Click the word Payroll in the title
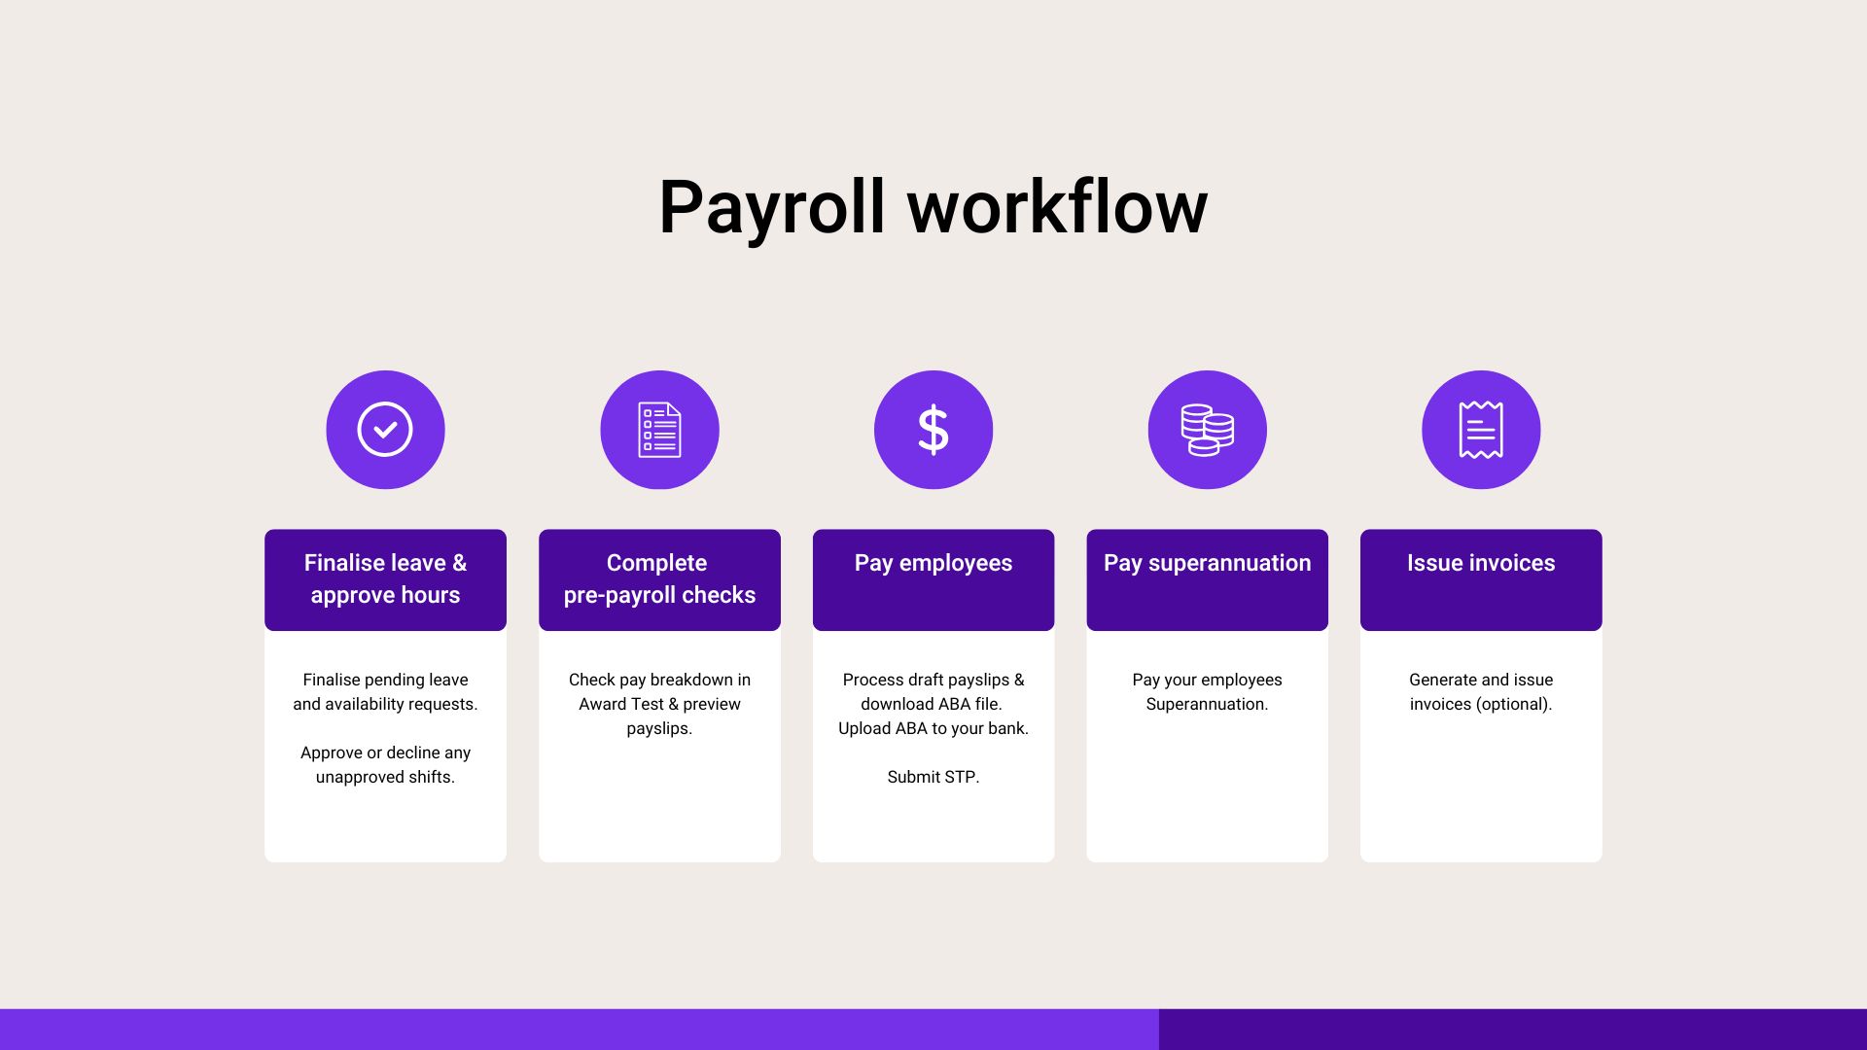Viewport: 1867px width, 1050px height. pyautogui.click(x=772, y=208)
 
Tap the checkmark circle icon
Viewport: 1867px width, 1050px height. pyautogui.click(x=385, y=430)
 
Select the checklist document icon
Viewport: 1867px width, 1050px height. pyautogui.click(x=659, y=430)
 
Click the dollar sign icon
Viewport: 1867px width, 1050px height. pyautogui.click(x=933, y=430)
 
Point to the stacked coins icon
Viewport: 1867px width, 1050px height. pyautogui.click(x=1208, y=430)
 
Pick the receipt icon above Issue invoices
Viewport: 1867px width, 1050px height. pyautogui.click(x=1481, y=430)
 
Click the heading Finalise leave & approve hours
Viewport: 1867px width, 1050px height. pyautogui.click(x=385, y=578)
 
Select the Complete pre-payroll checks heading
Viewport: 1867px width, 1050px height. pyautogui.click(x=659, y=578)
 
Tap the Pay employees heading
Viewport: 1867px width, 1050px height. pyautogui.click(x=933, y=563)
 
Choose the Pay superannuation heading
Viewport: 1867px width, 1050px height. pyautogui.click(x=1208, y=563)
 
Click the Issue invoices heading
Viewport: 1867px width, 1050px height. pyautogui.click(x=1481, y=563)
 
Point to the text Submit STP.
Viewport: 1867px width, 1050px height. pyautogui.click(x=933, y=777)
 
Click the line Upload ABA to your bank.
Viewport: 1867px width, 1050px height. pyautogui.click(x=933, y=728)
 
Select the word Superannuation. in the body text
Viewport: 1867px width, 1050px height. pyautogui.click(x=1207, y=704)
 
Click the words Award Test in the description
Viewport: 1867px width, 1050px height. pyautogui.click(x=621, y=704)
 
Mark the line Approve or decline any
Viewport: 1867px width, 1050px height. pyautogui.click(x=385, y=752)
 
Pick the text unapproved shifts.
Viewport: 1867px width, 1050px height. pyautogui.click(x=385, y=777)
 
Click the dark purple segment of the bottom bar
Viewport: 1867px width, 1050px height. pyautogui.click(x=1513, y=1030)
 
